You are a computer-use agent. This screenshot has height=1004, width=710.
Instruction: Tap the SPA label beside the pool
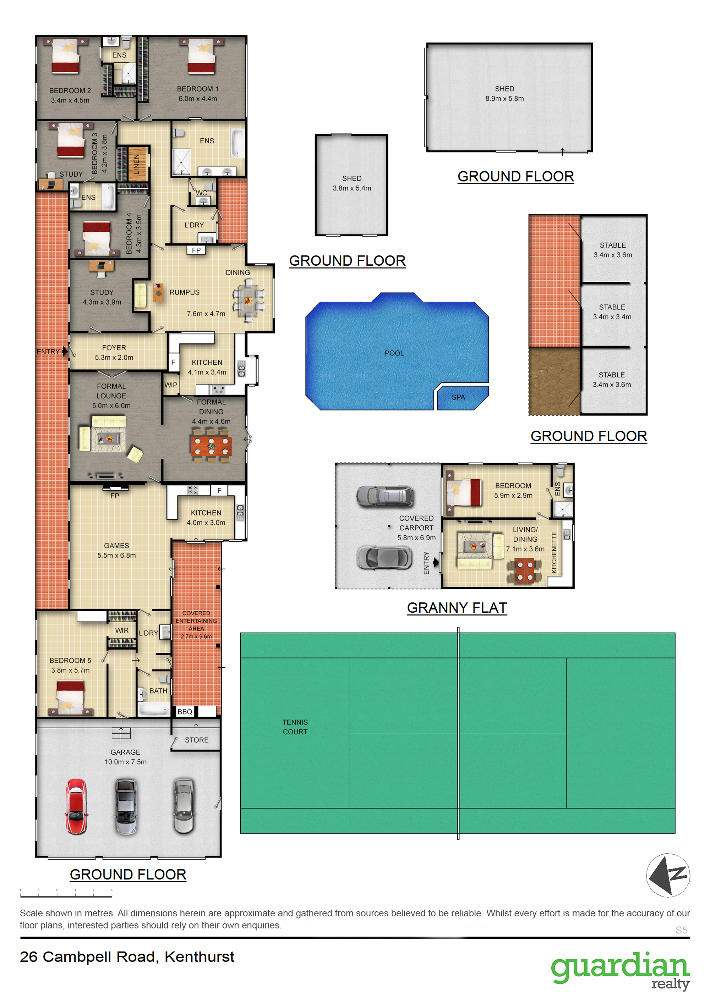tap(458, 397)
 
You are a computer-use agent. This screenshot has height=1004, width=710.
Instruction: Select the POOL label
tap(394, 353)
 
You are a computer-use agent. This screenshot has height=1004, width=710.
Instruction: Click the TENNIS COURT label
tap(295, 727)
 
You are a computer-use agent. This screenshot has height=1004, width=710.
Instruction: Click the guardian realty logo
tap(620, 971)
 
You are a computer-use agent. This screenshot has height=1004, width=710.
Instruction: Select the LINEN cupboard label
tap(136, 164)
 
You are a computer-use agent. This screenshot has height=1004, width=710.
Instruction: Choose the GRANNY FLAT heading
tap(457, 607)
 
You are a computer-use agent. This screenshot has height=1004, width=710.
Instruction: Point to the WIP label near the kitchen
tap(171, 385)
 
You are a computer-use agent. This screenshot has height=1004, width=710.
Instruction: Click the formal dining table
tap(211, 446)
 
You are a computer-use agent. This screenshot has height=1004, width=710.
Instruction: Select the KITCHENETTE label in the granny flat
tap(554, 552)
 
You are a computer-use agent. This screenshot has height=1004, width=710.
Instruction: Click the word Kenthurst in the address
tap(200, 957)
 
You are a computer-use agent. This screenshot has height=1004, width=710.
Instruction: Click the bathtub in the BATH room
tap(154, 709)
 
